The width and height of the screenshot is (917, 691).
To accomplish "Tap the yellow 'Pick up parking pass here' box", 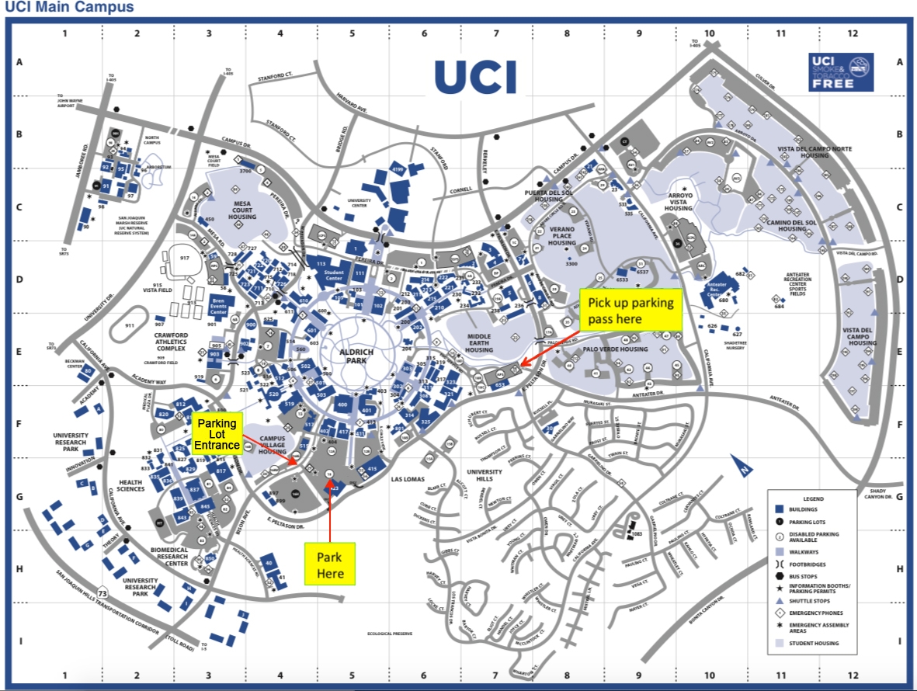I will click(x=630, y=311).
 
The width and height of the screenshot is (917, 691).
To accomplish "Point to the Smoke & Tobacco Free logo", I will click(x=841, y=72).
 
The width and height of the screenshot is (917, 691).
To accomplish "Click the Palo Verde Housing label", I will click(x=615, y=349).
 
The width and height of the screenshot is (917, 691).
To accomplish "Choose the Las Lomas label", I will click(x=408, y=479).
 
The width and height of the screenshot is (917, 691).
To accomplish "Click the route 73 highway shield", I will click(x=102, y=594).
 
